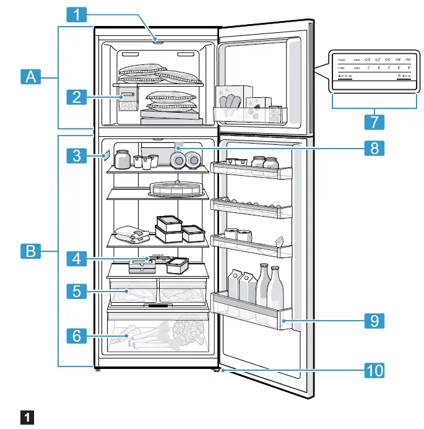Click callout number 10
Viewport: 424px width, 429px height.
373,370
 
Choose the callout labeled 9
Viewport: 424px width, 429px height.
373,321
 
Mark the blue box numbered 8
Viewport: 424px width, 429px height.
373,148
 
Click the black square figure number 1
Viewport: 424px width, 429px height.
27,417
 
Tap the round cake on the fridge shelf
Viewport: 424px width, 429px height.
176,188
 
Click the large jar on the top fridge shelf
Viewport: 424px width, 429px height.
122,160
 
